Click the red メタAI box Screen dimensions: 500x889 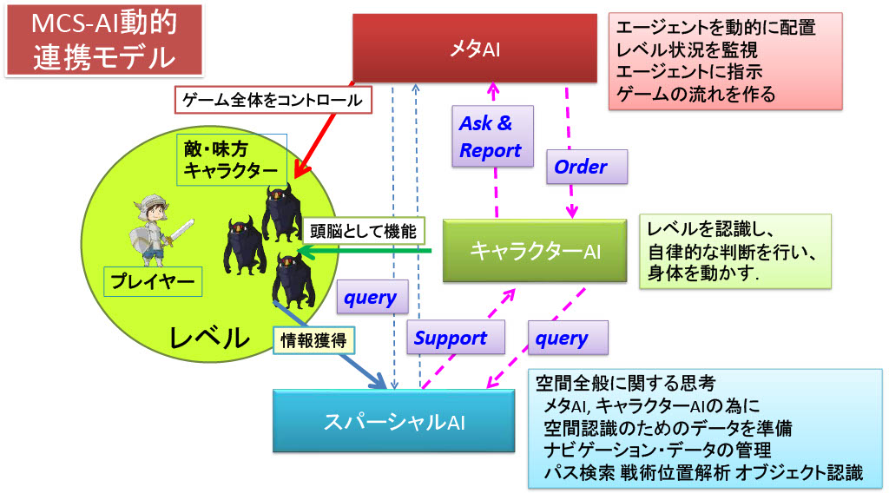(475, 49)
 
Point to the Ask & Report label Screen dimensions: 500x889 (490, 136)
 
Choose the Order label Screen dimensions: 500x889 (580, 167)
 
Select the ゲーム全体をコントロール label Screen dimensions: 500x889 (273, 100)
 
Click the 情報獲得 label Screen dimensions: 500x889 (313, 340)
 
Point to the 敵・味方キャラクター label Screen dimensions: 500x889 (231, 158)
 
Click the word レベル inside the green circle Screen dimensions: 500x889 (207, 337)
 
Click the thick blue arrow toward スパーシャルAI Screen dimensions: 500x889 (334, 352)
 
